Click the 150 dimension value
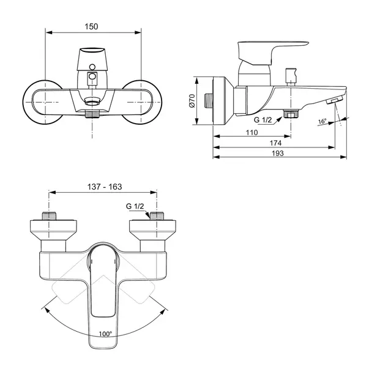coord(91,26)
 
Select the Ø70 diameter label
coord(192,101)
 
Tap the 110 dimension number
coord(252,133)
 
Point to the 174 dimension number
coord(275,143)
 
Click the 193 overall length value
coord(278,153)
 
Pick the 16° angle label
coord(322,121)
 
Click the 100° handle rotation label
coord(105,334)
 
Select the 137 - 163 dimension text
coord(105,187)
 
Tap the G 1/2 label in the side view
coord(263,120)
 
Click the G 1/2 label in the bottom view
coord(135,206)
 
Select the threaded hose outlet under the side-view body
coord(291,114)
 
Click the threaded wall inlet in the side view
coord(208,101)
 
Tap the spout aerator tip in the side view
coord(334,101)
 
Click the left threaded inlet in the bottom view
coord(49,216)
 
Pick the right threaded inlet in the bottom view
coord(157,216)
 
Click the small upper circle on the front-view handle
coord(92,67)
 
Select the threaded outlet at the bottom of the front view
coord(92,114)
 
